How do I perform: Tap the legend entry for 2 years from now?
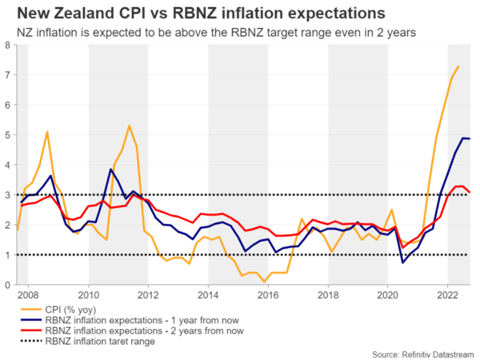158,329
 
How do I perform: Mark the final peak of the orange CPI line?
458,66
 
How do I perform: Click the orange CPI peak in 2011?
129,126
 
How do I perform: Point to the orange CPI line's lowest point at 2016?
264,282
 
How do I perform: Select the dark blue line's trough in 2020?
402,262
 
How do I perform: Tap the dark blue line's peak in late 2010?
110,170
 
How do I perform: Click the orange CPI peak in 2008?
47,132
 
